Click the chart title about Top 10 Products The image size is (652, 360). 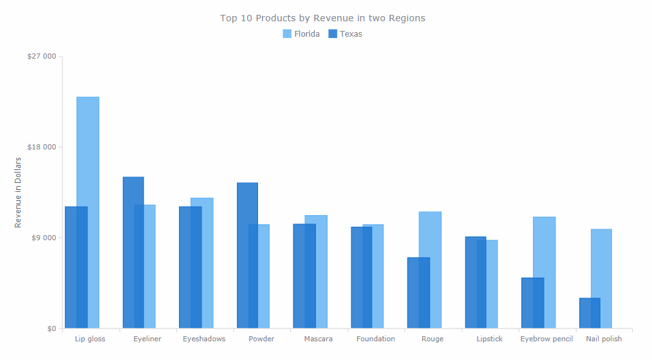click(x=322, y=18)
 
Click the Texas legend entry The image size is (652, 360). click(x=346, y=34)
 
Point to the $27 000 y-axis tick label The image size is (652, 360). click(x=41, y=57)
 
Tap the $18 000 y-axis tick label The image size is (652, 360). click(x=41, y=147)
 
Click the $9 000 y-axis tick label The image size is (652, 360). click(x=44, y=238)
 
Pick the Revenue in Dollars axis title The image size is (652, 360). click(x=18, y=192)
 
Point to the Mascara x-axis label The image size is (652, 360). click(x=318, y=339)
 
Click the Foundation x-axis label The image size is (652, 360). click(x=375, y=339)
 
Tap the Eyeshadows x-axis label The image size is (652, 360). click(x=204, y=339)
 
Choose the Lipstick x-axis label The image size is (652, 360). click(x=489, y=339)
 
